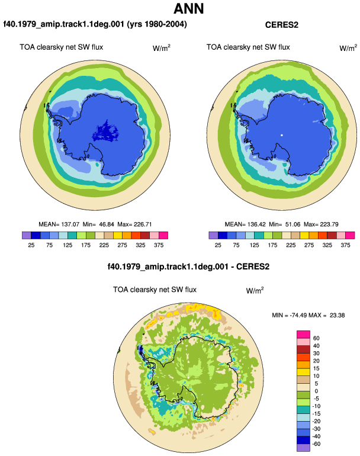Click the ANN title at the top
click(x=189, y=8)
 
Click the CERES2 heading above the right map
click(x=281, y=25)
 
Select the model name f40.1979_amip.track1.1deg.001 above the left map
click(x=64, y=24)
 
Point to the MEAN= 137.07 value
click(x=59, y=224)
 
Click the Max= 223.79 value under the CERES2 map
click(x=321, y=224)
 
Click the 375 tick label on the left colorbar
click(x=159, y=245)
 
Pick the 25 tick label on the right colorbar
click(x=218, y=245)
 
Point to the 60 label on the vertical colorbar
click(x=316, y=338)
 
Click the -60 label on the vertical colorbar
click(x=316, y=444)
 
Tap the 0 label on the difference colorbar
click(x=316, y=391)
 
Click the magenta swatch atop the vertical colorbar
click(x=303, y=335)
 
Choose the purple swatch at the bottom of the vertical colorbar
click(x=303, y=448)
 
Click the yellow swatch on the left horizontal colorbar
click(x=118, y=235)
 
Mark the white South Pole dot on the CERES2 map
click(x=281, y=135)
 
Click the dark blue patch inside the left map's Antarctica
click(x=105, y=131)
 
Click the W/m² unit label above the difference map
click(x=255, y=290)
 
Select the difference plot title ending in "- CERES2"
click(x=188, y=266)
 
